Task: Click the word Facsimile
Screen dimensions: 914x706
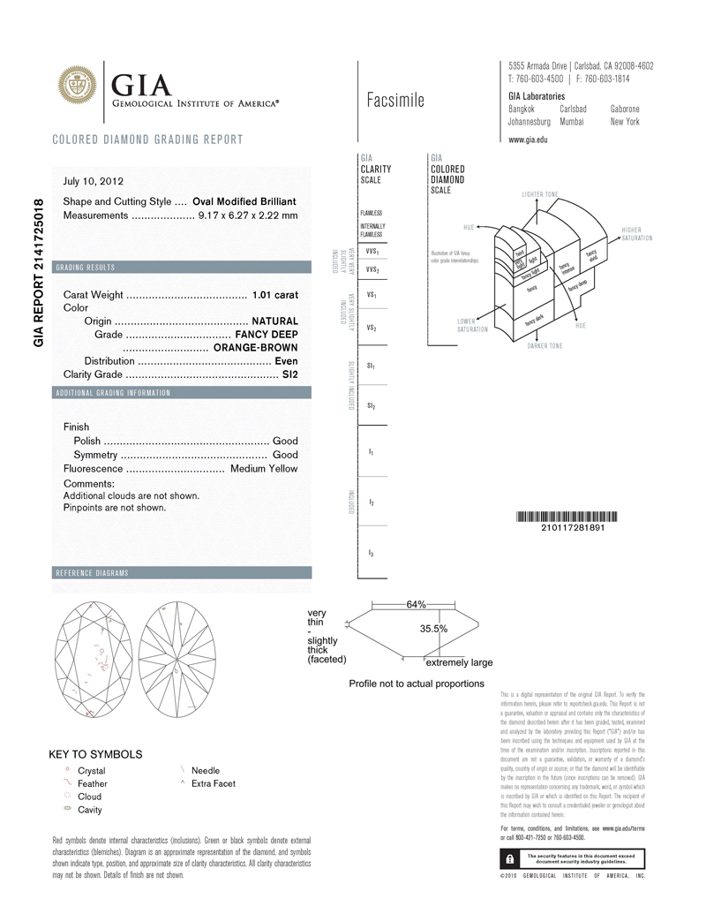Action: [x=395, y=100]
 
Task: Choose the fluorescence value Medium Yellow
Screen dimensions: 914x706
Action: [x=264, y=468]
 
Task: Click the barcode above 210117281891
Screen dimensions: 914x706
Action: [x=561, y=517]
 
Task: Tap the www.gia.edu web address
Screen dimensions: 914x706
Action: [x=528, y=140]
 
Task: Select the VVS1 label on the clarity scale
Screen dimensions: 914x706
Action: [x=372, y=252]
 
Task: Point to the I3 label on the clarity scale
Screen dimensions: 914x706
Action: [x=372, y=553]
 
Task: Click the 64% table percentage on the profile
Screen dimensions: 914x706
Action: [x=416, y=605]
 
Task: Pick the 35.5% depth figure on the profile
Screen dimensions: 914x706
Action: [x=432, y=629]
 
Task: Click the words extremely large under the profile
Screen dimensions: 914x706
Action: [x=459, y=662]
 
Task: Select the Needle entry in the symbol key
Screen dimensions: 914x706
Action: [x=206, y=770]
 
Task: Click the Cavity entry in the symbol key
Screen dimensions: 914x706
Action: [x=90, y=810]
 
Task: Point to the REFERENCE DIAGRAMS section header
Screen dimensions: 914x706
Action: [x=92, y=572]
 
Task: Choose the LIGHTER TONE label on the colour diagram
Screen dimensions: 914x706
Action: [x=540, y=193]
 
